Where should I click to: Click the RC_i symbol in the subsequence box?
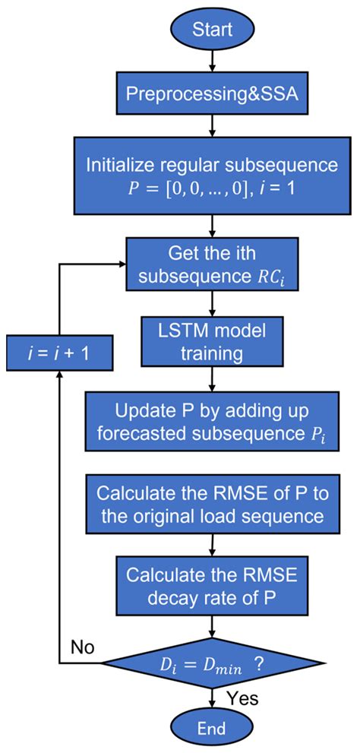pos(275,274)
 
